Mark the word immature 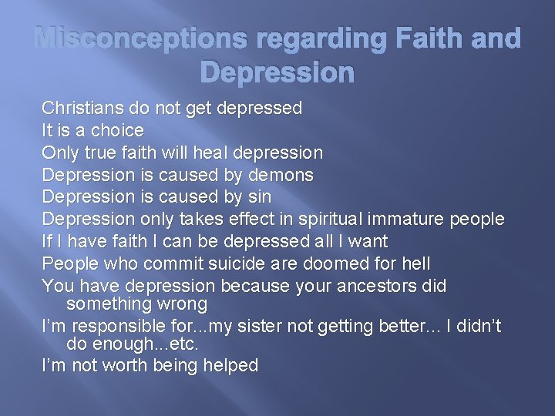coord(421,220)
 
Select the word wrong coord(180,304)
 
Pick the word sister coord(234,327)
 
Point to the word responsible coord(112,327)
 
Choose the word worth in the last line coord(121,366)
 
